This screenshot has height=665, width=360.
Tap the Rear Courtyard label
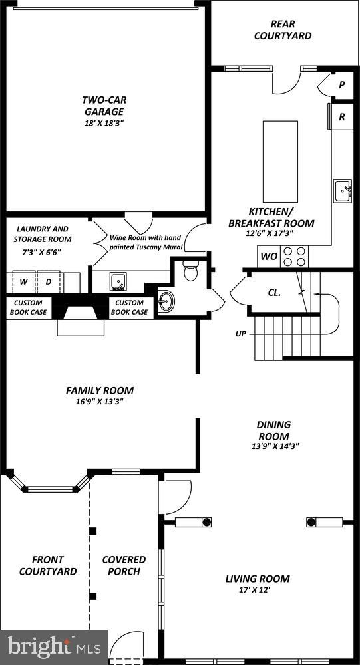282,30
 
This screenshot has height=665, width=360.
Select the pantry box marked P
341,85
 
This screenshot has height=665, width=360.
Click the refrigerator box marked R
342,116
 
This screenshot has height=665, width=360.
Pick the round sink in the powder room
166,301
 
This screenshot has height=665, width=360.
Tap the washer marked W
23,281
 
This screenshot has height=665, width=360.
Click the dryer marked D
49,281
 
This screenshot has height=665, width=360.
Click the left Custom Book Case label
28,307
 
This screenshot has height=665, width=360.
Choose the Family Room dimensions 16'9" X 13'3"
99,402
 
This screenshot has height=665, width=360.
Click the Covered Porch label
124,565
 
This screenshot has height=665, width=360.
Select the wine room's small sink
119,282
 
